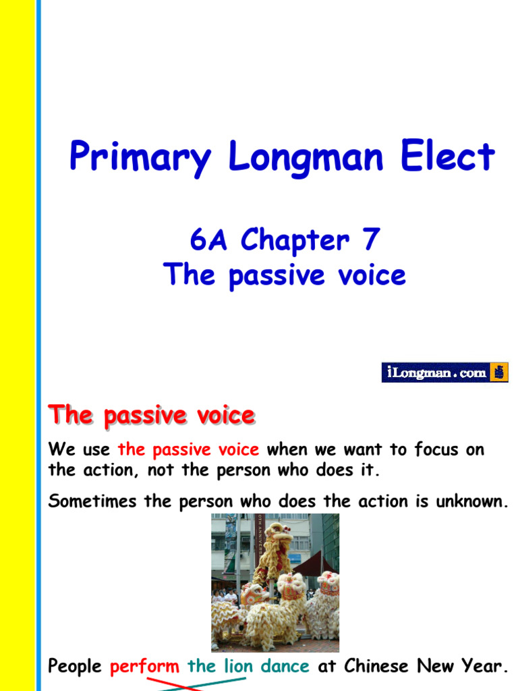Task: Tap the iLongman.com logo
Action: pyautogui.click(x=444, y=372)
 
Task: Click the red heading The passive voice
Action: pyautogui.click(x=151, y=415)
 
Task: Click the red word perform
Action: pyautogui.click(x=144, y=667)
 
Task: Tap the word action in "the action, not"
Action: pyautogui.click(x=110, y=470)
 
